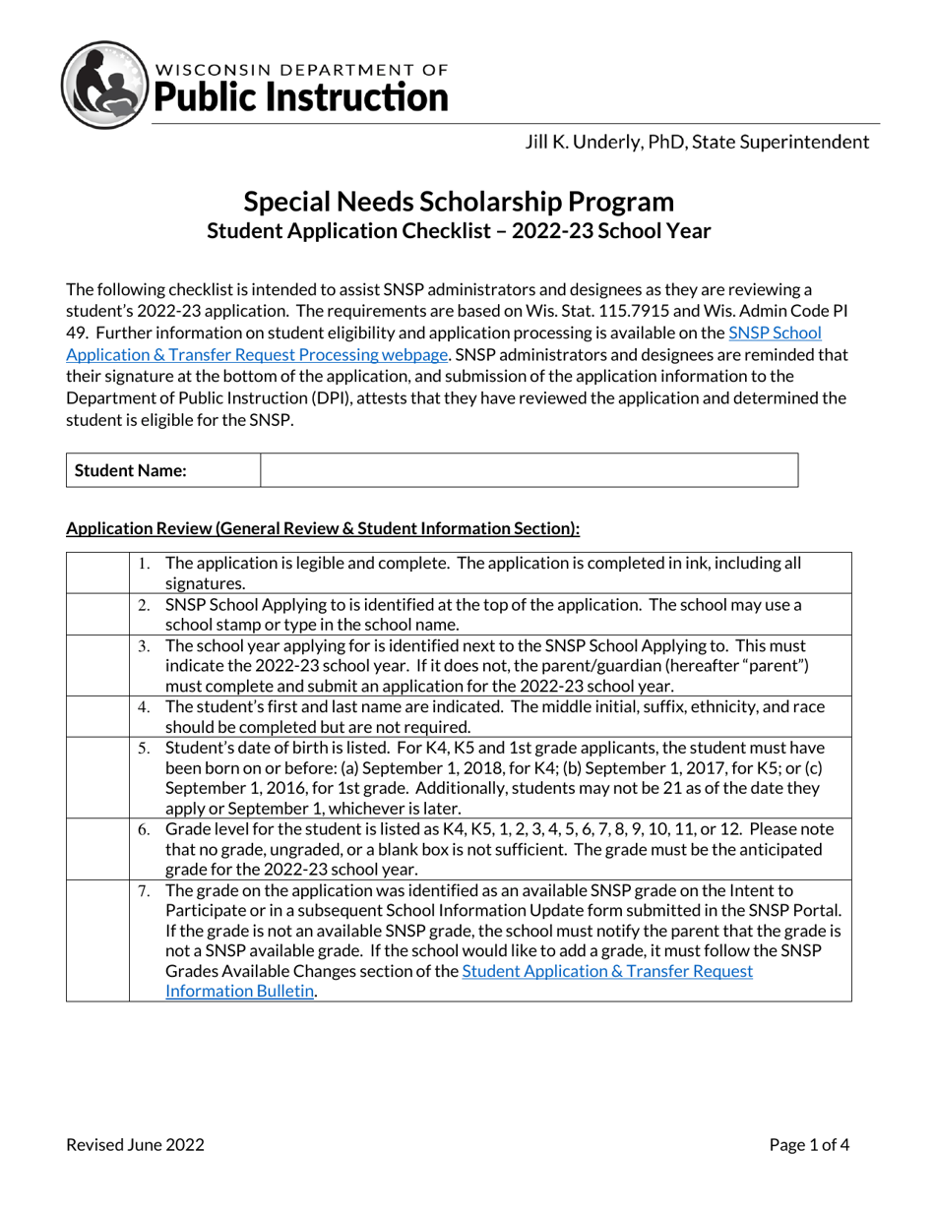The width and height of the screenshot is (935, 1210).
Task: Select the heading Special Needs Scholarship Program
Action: click(x=459, y=202)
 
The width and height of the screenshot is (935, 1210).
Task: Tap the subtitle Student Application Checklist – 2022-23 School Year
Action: click(x=459, y=231)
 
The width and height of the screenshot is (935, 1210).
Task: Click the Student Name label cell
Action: click(x=162, y=470)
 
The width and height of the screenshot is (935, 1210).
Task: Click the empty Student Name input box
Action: click(x=529, y=470)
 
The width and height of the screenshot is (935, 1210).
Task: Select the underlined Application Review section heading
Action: click(x=323, y=529)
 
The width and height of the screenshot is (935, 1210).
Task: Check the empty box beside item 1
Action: click(x=97, y=573)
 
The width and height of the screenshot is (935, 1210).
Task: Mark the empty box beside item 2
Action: click(x=97, y=614)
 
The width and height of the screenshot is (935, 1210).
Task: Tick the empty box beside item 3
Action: click(x=97, y=665)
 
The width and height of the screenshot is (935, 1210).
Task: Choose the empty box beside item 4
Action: click(x=97, y=716)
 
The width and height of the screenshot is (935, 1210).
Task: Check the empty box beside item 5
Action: click(x=97, y=777)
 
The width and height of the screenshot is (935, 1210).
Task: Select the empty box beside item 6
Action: click(x=97, y=848)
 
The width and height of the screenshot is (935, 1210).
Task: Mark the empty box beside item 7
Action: click(x=97, y=940)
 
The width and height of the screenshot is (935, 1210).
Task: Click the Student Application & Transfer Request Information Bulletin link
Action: click(x=460, y=981)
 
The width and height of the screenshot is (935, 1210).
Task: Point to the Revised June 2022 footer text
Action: click(x=135, y=1144)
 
